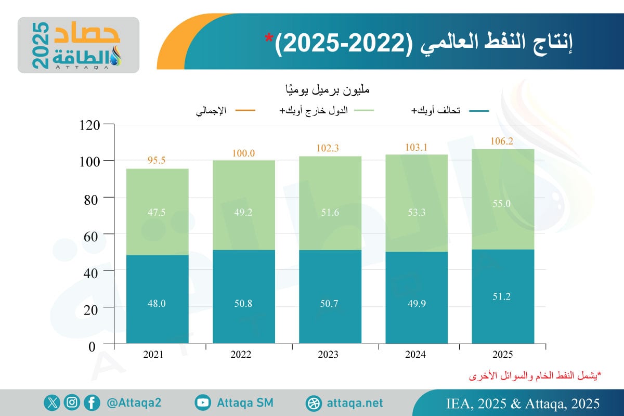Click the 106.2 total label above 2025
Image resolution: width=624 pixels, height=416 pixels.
tap(502, 141)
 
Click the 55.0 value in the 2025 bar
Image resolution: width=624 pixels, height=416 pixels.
tap(502, 203)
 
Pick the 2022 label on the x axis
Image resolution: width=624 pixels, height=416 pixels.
tap(243, 355)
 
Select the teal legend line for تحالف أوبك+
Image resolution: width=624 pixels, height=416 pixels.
tap(478, 111)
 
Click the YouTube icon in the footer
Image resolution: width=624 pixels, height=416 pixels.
tap(203, 402)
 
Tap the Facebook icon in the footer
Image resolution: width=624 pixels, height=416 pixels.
tap(92, 402)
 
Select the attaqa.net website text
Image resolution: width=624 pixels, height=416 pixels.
tap(355, 403)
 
